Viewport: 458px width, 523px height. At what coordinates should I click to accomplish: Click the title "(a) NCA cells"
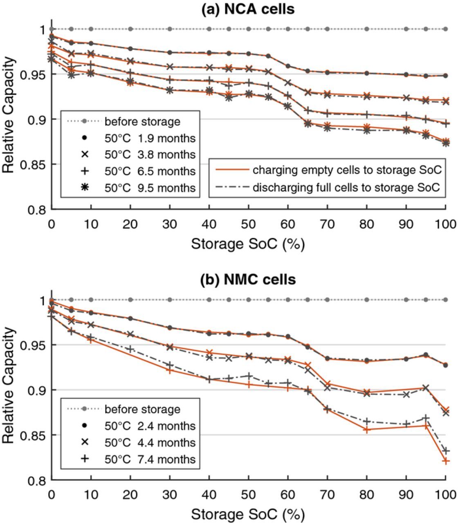click(247, 9)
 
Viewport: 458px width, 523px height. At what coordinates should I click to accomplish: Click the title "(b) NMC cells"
click(247, 280)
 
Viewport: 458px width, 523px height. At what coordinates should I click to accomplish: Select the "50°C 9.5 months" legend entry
click(150, 188)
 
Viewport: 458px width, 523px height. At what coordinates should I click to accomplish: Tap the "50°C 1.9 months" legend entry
click(150, 138)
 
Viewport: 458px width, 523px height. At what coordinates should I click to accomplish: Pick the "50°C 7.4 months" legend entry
click(150, 459)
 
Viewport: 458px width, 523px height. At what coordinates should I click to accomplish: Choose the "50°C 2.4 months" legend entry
click(150, 426)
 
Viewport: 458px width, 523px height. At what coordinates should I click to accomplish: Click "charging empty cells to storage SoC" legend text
click(347, 170)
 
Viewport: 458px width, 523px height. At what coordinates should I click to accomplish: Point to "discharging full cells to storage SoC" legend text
click(346, 188)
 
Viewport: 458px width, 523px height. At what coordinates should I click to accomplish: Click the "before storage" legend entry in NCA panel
click(142, 121)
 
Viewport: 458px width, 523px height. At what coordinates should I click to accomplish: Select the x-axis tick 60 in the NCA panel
click(288, 224)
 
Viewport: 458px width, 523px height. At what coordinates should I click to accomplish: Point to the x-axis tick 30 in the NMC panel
click(170, 495)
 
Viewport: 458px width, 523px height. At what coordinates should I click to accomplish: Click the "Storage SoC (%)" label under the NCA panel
click(247, 244)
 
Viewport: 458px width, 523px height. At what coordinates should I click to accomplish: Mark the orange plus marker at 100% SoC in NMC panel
click(445, 461)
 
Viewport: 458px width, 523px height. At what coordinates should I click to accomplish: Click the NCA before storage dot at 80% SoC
click(367, 29)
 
